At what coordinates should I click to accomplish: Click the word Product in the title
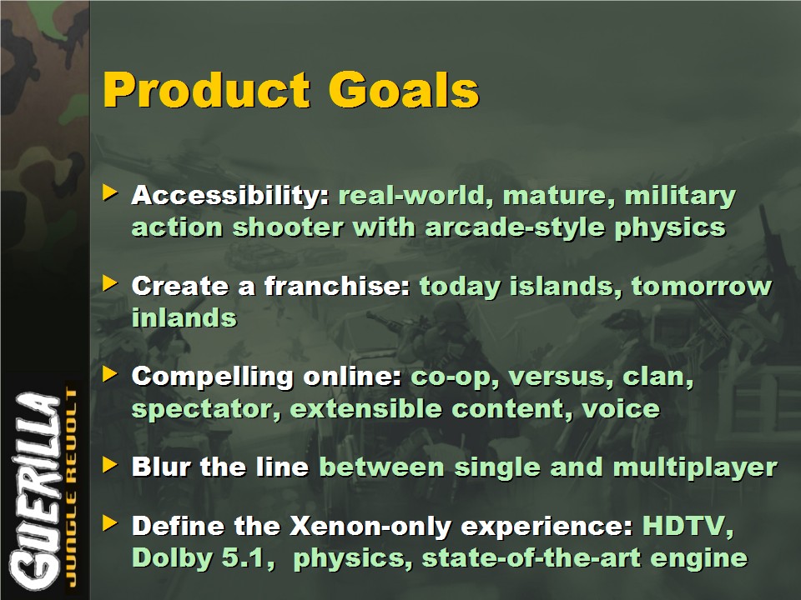pyautogui.click(x=207, y=90)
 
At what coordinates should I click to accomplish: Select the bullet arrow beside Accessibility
pyautogui.click(x=110, y=192)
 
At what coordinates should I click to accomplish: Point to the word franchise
pyautogui.click(x=337, y=286)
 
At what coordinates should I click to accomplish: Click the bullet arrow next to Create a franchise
pyautogui.click(x=110, y=283)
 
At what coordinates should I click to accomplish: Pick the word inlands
pyautogui.click(x=184, y=317)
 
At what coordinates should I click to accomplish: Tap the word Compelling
pyautogui.click(x=212, y=377)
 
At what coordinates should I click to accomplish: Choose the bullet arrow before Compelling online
pyautogui.click(x=110, y=374)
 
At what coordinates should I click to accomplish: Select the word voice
pyautogui.click(x=621, y=408)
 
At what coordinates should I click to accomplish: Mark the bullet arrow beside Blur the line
pyautogui.click(x=110, y=465)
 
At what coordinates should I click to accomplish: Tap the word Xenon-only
pyautogui.click(x=370, y=527)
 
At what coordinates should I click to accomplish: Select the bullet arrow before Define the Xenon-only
pyautogui.click(x=110, y=523)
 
